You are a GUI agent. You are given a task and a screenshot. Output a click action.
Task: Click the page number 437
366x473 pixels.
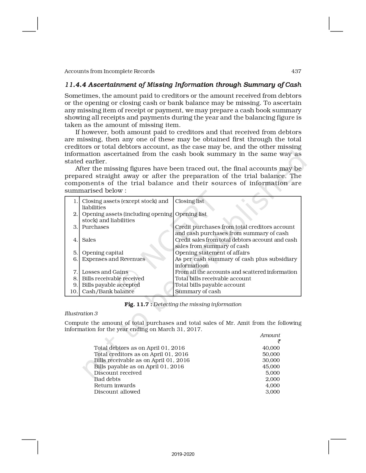click(x=296, y=71)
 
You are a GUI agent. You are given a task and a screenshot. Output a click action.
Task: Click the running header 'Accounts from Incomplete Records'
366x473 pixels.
click(x=109, y=71)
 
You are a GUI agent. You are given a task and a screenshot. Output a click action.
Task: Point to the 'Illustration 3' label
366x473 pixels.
click(x=81, y=314)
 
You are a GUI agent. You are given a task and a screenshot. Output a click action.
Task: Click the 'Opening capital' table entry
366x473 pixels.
click(x=102, y=253)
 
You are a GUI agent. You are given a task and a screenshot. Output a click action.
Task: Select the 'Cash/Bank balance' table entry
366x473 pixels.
click(x=108, y=292)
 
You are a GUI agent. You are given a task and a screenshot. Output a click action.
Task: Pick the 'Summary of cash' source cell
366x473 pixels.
click(x=198, y=292)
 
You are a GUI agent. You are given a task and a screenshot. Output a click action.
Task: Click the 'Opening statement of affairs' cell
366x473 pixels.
click(x=212, y=253)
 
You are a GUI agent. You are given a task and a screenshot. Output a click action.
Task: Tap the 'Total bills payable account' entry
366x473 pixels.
click(x=210, y=285)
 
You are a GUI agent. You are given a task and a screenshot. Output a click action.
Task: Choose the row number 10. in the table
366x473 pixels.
click(x=74, y=292)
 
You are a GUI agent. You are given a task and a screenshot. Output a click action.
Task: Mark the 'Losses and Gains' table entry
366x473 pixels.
click(x=105, y=272)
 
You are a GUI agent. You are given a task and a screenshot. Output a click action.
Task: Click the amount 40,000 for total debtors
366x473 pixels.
click(x=271, y=348)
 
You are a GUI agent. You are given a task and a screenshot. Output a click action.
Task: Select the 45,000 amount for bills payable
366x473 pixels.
click(x=271, y=367)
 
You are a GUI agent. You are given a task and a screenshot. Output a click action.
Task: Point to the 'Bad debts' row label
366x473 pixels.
click(x=107, y=379)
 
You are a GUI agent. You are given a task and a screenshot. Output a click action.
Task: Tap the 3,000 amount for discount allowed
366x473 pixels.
click(x=272, y=392)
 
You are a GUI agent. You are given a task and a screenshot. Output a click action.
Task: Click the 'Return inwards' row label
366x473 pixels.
click(x=115, y=386)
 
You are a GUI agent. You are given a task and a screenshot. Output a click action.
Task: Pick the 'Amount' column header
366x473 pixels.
click(x=270, y=335)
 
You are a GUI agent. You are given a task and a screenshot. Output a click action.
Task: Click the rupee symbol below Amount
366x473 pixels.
click(x=279, y=341)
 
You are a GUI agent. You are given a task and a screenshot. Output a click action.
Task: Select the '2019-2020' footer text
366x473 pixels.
click(x=183, y=454)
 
